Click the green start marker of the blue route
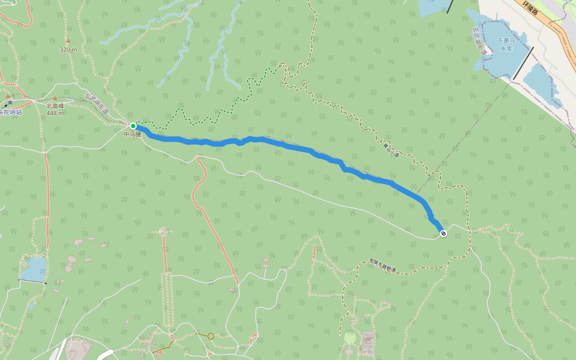[133, 126]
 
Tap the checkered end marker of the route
[443, 233]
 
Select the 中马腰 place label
[132, 134]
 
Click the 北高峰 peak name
[55, 106]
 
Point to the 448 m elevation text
[55, 113]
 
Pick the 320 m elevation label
[68, 50]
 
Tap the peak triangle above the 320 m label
[68, 41]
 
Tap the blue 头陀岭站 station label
[10, 112]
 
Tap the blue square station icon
[10, 103]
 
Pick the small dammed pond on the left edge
[34, 268]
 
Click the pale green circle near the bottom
[350, 338]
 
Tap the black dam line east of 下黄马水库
[523, 63]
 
